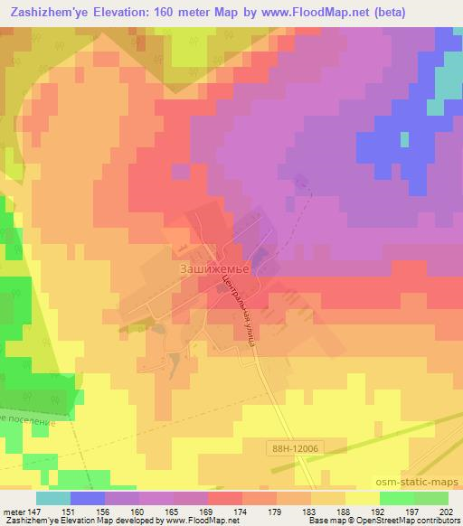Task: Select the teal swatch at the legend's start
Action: [53, 498]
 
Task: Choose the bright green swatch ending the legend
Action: [431, 498]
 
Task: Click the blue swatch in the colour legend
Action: [88, 498]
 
